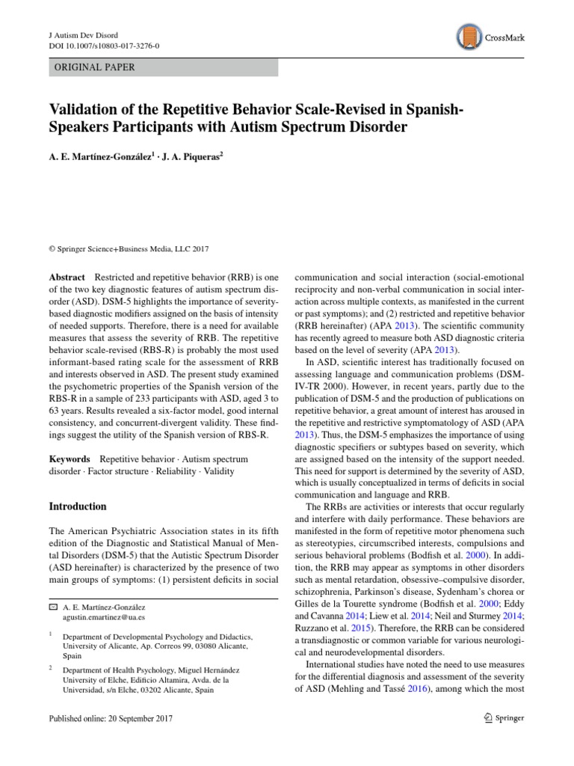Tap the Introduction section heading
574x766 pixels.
[x=78, y=506]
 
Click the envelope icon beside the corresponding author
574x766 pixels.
[x=53, y=607]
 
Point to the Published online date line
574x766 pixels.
[x=111, y=718]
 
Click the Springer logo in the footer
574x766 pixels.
[x=494, y=718]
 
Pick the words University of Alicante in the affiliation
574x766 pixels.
[x=96, y=645]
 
